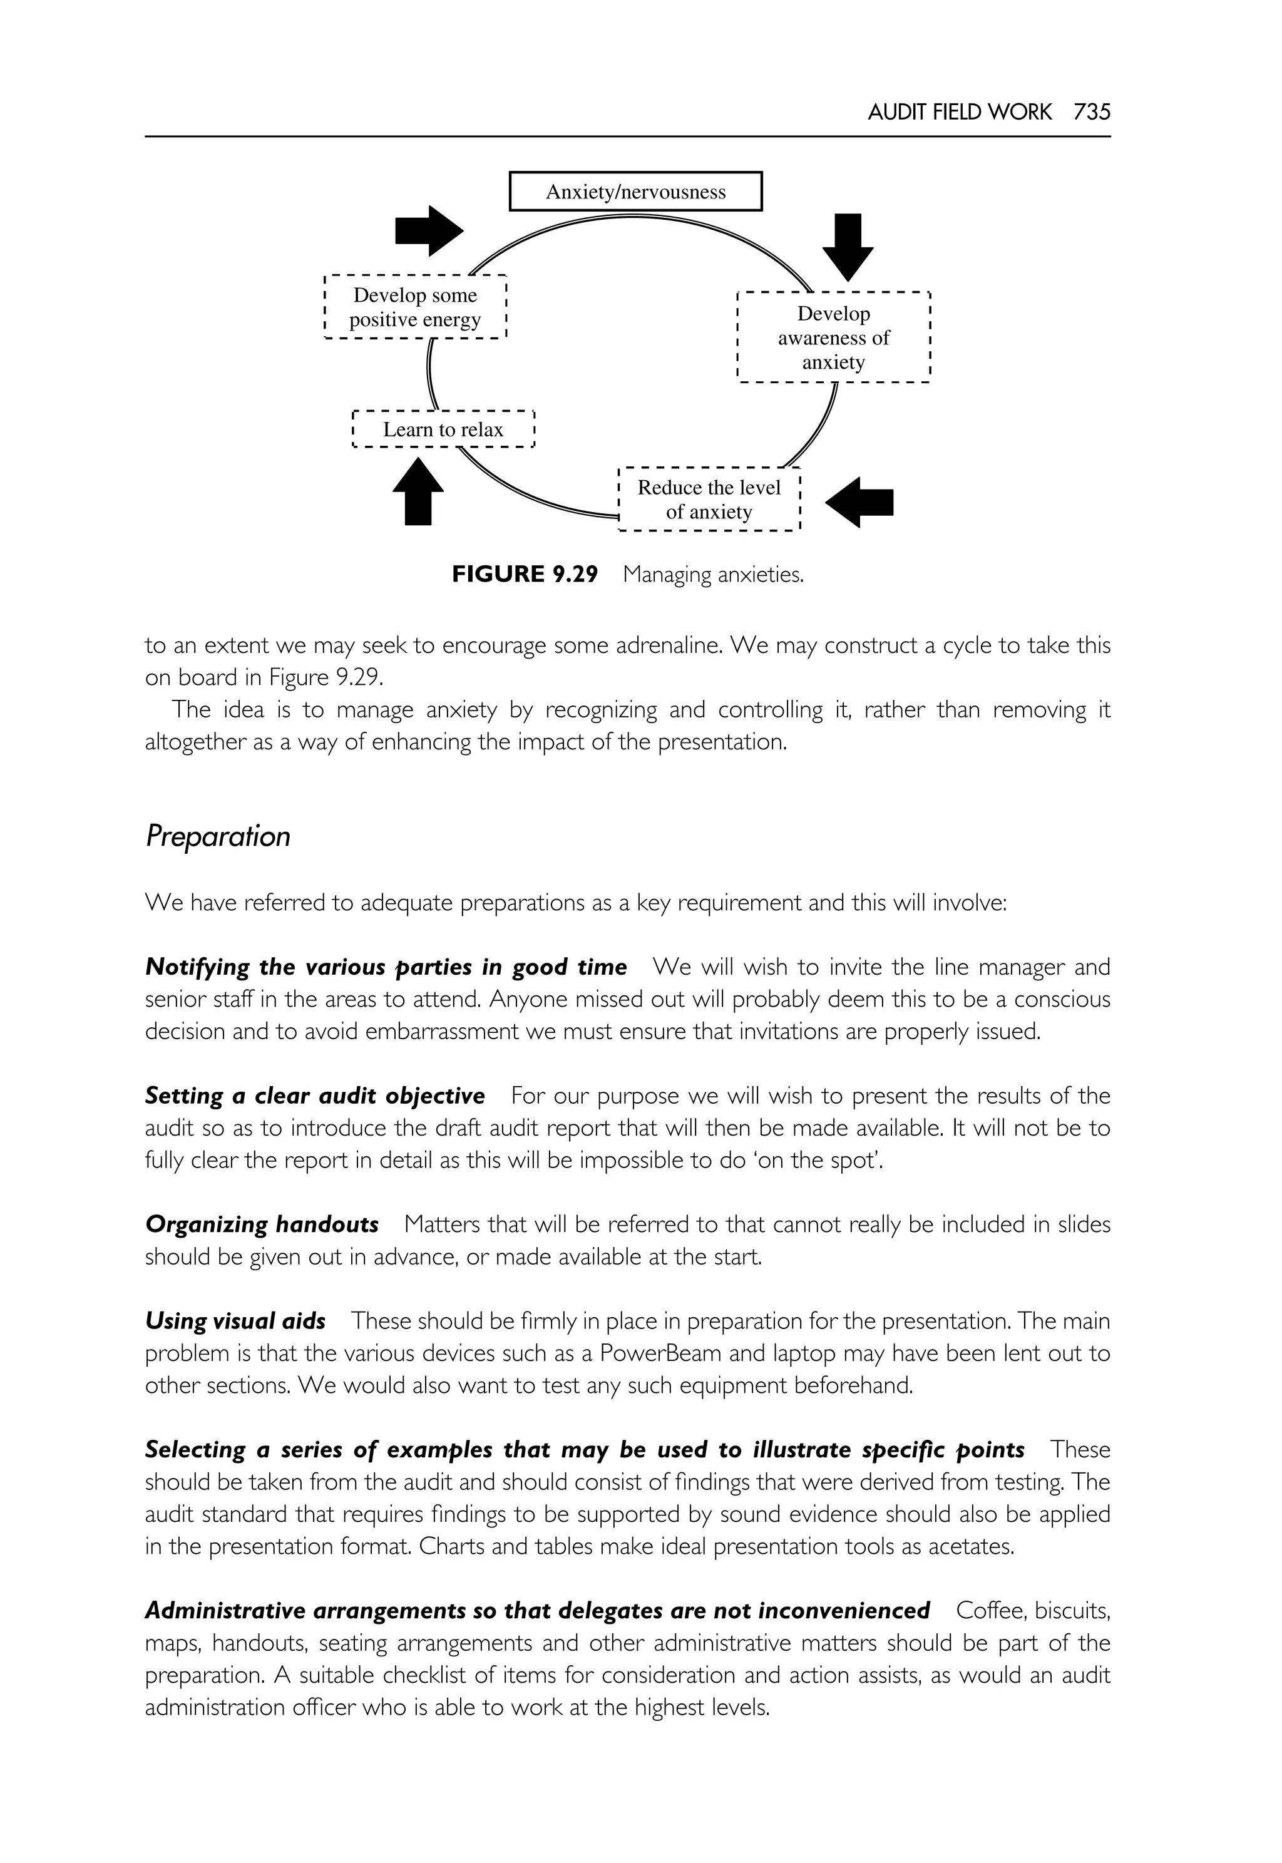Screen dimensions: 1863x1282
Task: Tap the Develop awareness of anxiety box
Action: click(833, 337)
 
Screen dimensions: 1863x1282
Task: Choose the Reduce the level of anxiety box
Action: click(709, 500)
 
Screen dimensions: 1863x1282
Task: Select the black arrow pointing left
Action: click(859, 502)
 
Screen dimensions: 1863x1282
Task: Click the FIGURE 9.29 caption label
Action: click(525, 575)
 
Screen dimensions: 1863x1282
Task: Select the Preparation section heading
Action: click(218, 836)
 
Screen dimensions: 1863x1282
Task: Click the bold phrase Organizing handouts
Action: click(262, 1224)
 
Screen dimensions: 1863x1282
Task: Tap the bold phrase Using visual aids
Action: click(235, 1321)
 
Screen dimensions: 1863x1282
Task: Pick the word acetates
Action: click(970, 1546)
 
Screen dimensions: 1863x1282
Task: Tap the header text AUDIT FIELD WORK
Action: click(959, 113)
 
